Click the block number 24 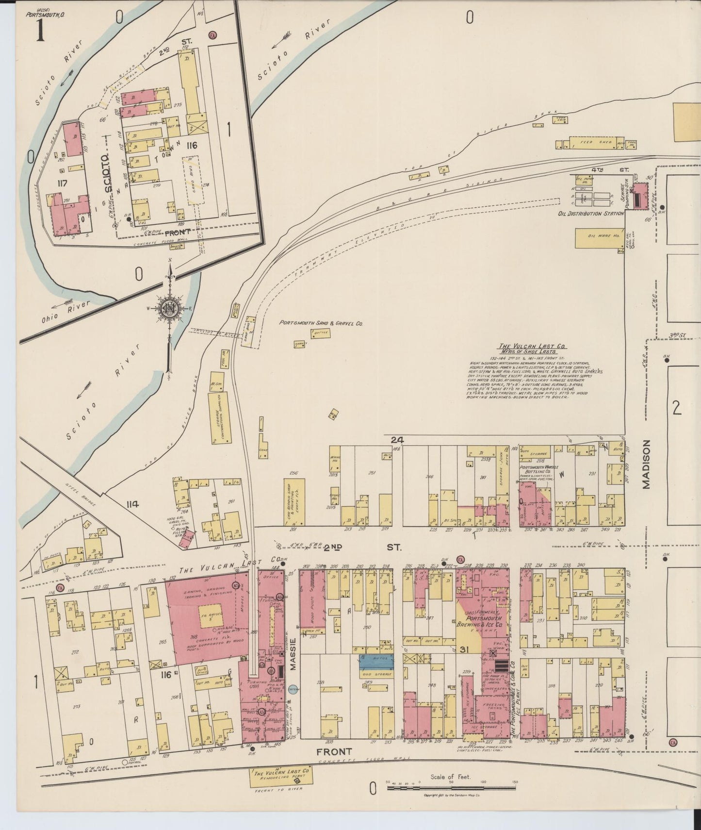tap(397, 440)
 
